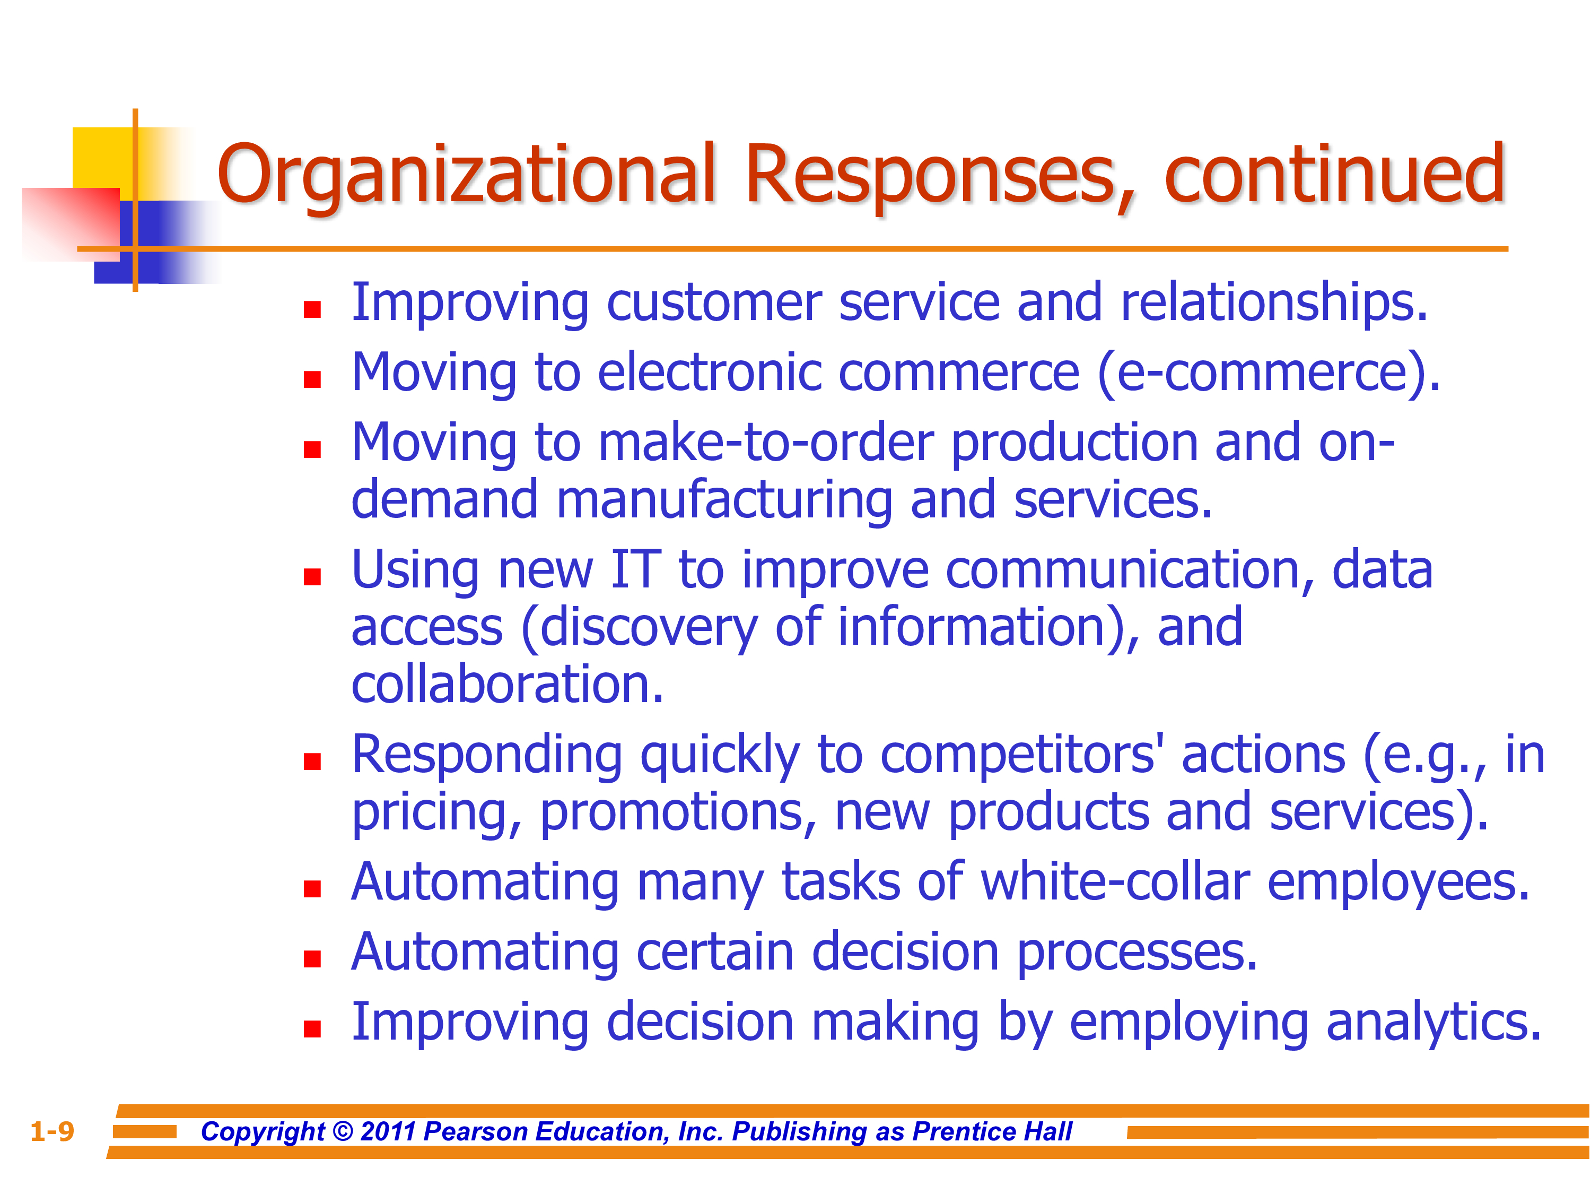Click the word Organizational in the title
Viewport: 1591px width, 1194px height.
(466, 176)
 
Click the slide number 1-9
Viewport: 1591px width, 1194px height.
(52, 1131)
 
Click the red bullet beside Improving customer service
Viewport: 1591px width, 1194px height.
(312, 309)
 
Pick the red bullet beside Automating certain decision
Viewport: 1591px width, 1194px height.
(312, 959)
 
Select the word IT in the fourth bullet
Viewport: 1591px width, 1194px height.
(636, 569)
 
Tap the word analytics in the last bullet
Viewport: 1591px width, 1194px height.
(1433, 1023)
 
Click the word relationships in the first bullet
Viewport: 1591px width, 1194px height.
(1274, 304)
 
